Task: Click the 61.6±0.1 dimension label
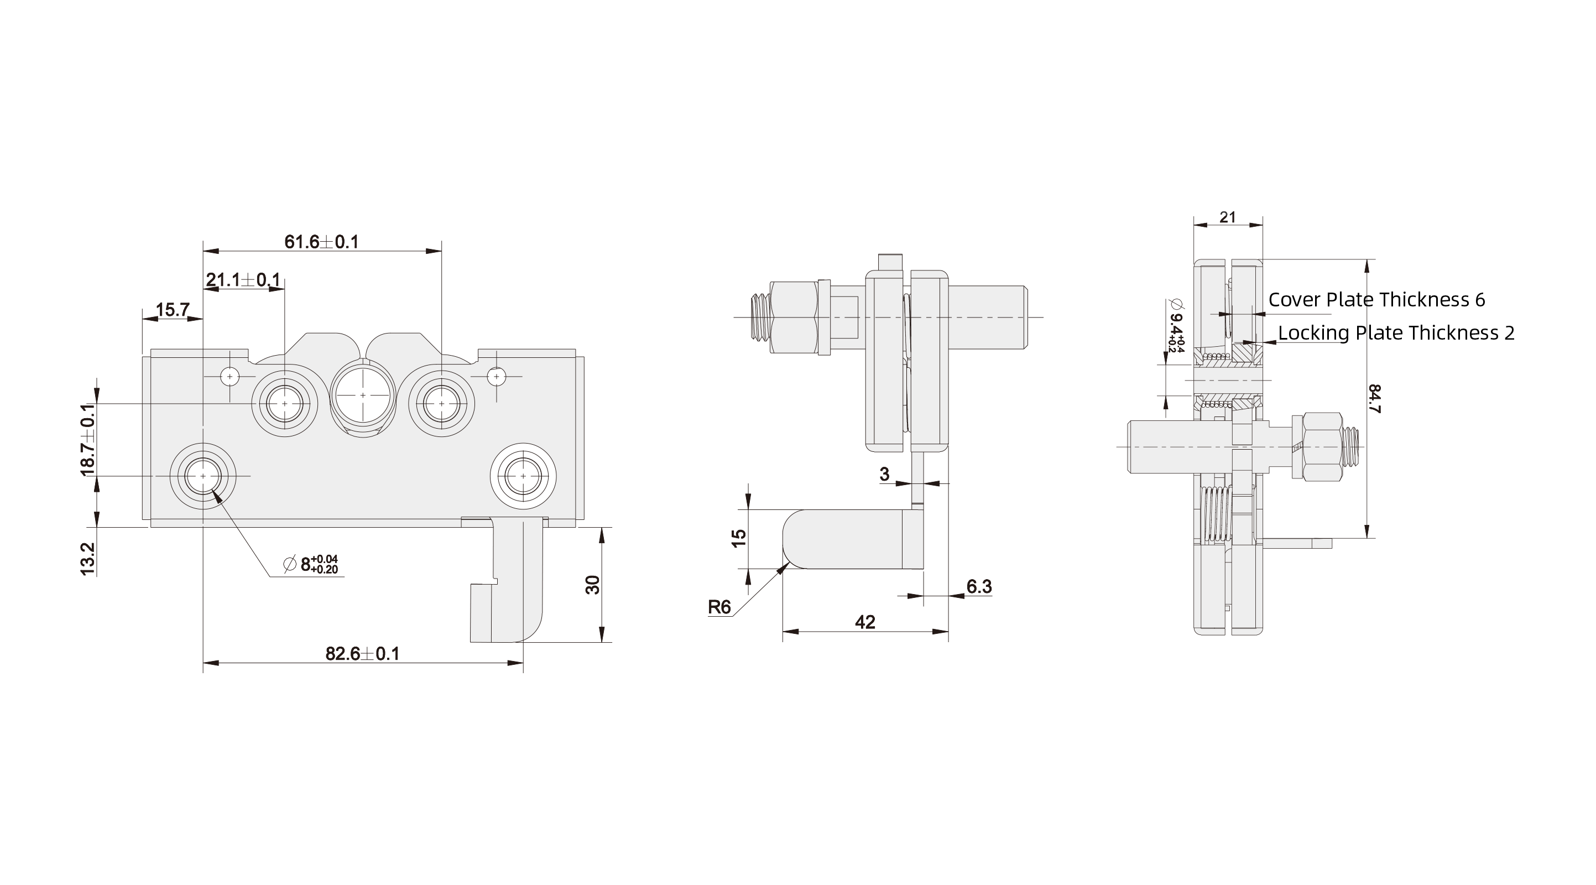(321, 242)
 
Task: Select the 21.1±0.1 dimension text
(243, 280)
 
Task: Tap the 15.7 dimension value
(171, 310)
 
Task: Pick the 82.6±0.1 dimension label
(362, 654)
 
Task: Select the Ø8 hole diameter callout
(311, 565)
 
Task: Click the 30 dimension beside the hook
(593, 585)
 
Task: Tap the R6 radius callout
(719, 607)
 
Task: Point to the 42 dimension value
(865, 622)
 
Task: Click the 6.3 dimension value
(979, 586)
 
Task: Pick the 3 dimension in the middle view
(885, 474)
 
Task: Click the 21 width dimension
(1227, 217)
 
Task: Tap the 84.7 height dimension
(1374, 398)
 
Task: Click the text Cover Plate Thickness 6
(1376, 300)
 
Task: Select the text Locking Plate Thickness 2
(1396, 333)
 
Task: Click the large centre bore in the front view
(363, 395)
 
